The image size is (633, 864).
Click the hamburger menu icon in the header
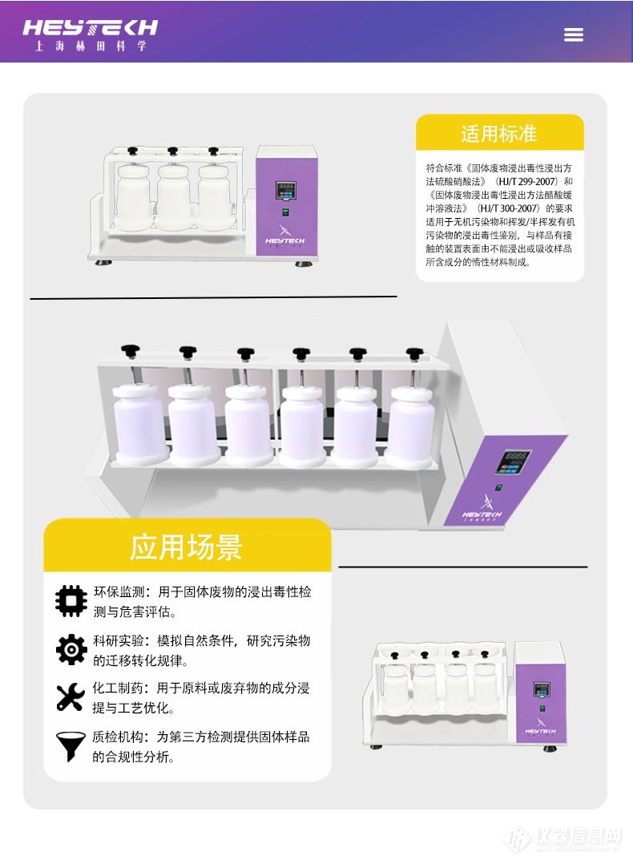point(573,34)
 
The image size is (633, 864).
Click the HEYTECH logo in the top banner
point(90,34)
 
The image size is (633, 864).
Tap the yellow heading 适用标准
point(498,134)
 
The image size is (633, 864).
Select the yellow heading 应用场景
point(186,547)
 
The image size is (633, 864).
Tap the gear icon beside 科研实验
point(71,648)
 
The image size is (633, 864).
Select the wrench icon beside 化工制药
point(71,696)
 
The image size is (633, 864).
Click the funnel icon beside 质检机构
point(71,745)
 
